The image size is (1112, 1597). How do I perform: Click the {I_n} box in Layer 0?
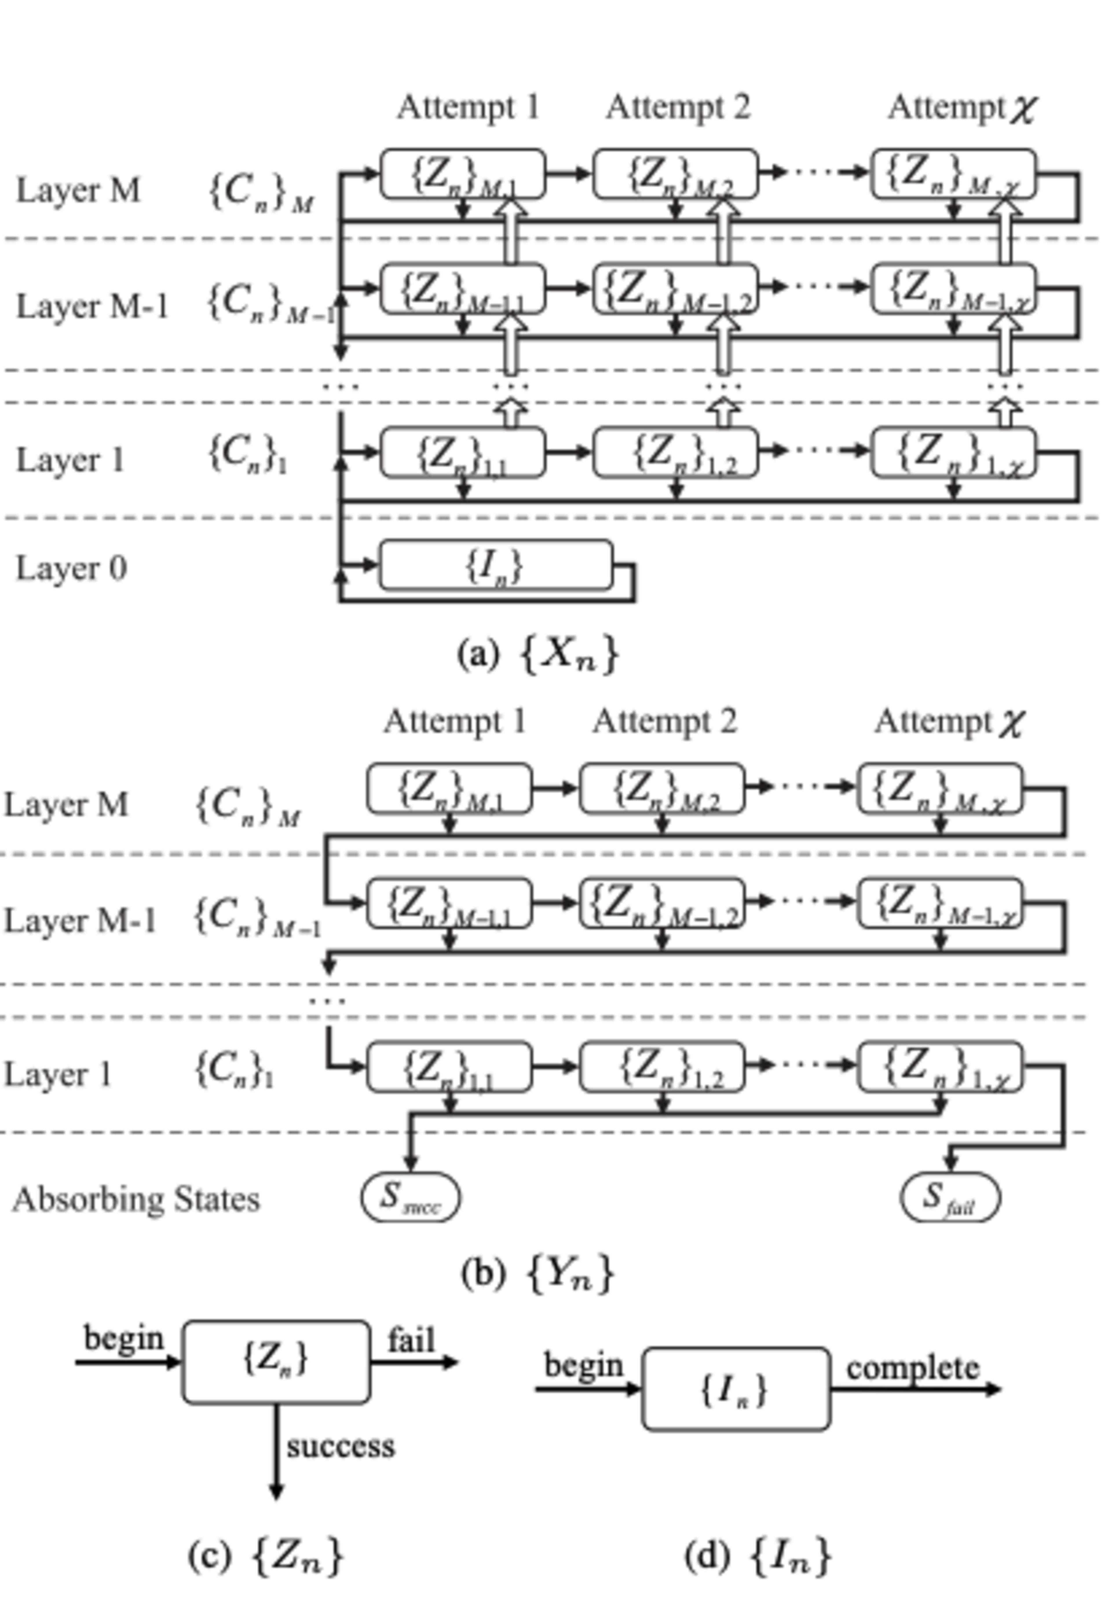(495, 565)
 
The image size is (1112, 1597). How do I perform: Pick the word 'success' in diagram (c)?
(340, 1446)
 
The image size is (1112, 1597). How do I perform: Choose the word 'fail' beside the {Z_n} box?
(411, 1340)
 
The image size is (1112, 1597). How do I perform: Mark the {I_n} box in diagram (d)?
(735, 1389)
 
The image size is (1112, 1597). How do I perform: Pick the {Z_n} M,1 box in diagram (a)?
(462, 174)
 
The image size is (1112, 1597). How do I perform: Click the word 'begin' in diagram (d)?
(583, 1365)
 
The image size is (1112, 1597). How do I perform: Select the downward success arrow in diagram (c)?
(276, 1450)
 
